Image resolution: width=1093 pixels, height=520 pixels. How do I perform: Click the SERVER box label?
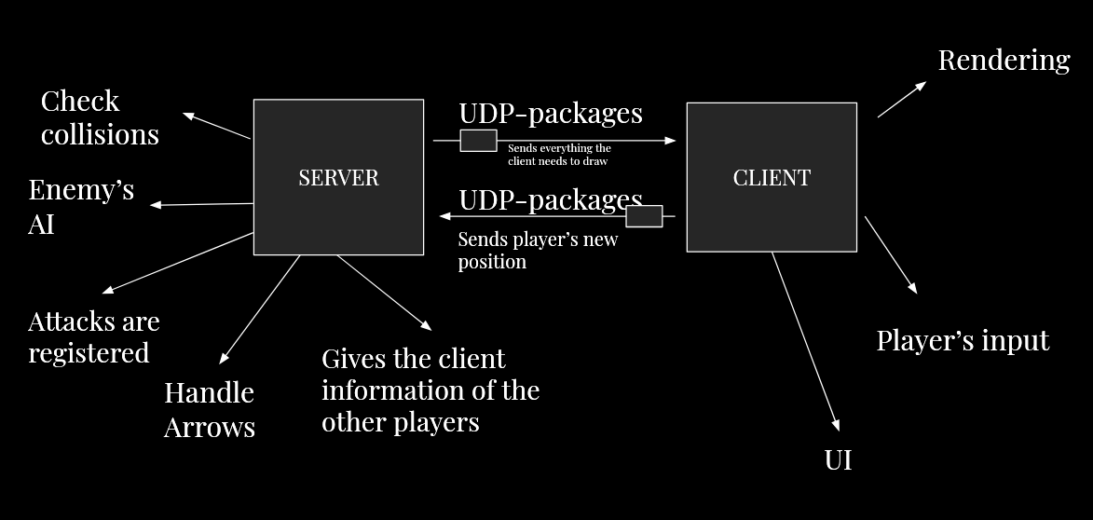point(339,178)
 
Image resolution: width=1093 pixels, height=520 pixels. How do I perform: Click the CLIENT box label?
point(772,178)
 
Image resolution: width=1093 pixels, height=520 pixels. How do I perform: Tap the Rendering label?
point(1004,61)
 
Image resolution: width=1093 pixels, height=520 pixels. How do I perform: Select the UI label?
point(838,460)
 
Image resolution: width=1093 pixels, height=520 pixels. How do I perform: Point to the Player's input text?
point(963,341)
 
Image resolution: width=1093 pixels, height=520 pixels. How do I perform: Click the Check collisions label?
point(100,117)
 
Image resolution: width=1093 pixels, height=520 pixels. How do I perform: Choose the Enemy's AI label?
point(81,207)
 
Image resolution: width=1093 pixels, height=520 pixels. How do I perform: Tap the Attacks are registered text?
point(94,337)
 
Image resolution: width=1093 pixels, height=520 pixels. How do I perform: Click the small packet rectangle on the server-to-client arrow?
point(478,140)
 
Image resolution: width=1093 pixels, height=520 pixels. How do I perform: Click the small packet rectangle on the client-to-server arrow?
point(644,216)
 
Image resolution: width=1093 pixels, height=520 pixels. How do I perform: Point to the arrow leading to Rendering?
point(902,100)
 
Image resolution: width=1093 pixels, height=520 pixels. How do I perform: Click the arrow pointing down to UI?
point(806,342)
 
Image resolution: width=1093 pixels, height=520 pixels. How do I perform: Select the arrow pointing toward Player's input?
point(891,255)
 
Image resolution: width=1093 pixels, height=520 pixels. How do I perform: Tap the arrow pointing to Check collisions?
point(217,126)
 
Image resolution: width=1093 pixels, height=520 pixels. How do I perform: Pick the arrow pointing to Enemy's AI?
point(201,204)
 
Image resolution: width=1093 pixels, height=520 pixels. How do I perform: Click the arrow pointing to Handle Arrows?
point(260,309)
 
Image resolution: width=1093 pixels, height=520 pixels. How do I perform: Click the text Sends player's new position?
point(538,251)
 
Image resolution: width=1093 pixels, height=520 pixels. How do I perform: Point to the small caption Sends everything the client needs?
point(559,155)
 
